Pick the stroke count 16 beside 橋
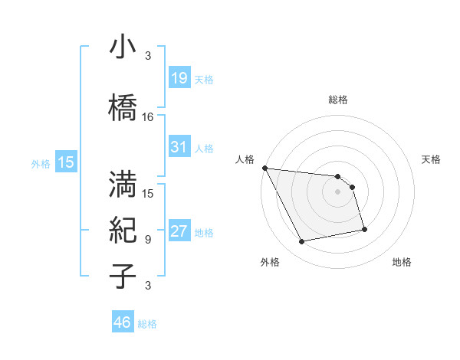click(x=148, y=117)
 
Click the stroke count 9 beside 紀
click(x=148, y=240)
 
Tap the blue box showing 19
click(x=179, y=78)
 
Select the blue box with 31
click(x=179, y=147)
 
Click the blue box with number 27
click(x=179, y=232)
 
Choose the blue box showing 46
click(x=122, y=322)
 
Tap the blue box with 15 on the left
click(x=65, y=162)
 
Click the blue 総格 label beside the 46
click(x=147, y=325)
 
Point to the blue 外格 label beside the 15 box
click(x=41, y=163)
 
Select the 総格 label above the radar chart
click(x=337, y=100)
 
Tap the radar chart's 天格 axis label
click(x=432, y=159)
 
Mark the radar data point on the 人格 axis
click(x=264, y=168)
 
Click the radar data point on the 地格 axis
click(x=364, y=229)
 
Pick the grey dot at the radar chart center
click(x=337, y=191)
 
